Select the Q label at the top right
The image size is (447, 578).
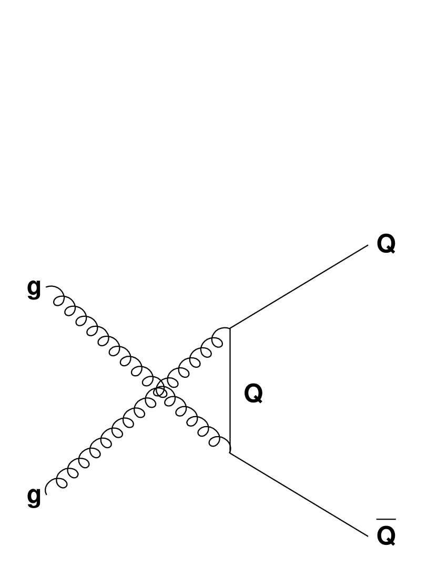tap(386, 244)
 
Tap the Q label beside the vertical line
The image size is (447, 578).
tap(254, 393)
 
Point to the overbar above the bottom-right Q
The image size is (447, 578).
tap(386, 520)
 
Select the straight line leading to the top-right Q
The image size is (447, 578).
tap(300, 286)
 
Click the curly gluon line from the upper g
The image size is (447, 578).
tap(105, 342)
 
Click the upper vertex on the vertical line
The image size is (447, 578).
tap(230, 328)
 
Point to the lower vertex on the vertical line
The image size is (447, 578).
tap(230, 452)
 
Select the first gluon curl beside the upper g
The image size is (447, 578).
tap(58, 297)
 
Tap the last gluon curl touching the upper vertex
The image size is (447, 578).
tap(221, 336)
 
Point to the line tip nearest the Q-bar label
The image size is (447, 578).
tap(369, 536)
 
